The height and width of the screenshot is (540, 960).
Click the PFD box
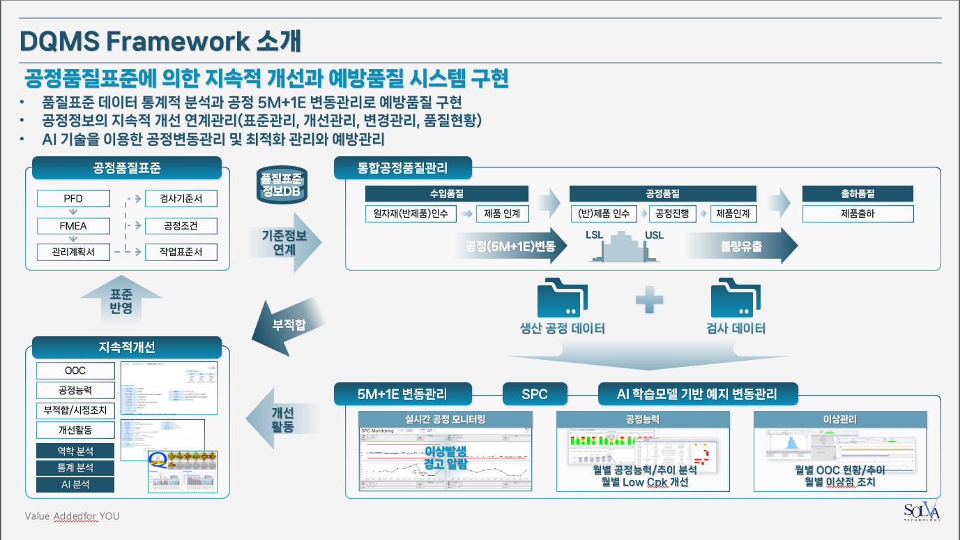(x=73, y=200)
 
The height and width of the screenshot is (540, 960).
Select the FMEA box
(x=73, y=226)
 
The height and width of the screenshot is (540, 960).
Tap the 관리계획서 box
(x=73, y=252)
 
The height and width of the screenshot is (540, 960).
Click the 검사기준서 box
(x=181, y=200)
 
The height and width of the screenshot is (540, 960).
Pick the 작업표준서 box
(x=181, y=252)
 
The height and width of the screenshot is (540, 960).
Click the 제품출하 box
(x=858, y=213)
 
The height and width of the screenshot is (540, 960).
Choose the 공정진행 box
(x=672, y=213)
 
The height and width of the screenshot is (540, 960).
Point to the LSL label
(x=595, y=236)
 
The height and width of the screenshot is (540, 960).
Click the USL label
(x=655, y=236)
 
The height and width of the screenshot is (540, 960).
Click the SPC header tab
(x=535, y=394)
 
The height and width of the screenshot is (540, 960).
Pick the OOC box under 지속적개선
(x=73, y=370)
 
